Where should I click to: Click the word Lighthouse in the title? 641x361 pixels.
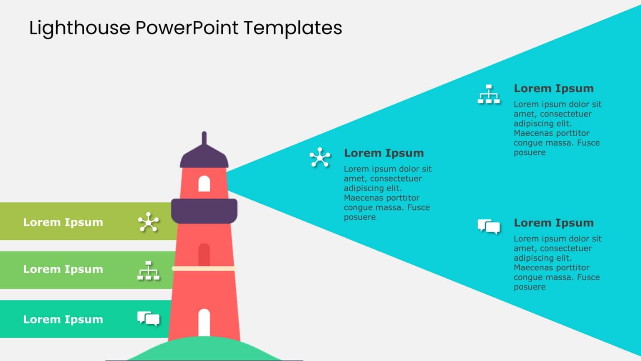[80, 28]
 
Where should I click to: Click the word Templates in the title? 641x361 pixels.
[293, 28]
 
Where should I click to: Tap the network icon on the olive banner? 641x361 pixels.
[149, 222]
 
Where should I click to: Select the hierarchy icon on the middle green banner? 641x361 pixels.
[149, 270]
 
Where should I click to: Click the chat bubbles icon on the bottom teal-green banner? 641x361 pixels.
[149, 319]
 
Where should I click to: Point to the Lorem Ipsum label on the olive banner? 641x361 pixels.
[63, 222]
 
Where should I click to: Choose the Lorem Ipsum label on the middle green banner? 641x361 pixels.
[63, 269]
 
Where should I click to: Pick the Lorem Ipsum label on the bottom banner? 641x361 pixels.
[63, 320]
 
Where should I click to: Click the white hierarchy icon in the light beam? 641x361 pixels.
[489, 94]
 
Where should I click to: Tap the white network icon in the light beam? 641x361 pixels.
[320, 158]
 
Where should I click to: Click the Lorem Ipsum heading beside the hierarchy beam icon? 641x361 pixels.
[553, 89]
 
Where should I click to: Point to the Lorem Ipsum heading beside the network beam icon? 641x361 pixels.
[384, 153]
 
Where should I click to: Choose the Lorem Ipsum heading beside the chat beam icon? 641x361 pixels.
[553, 223]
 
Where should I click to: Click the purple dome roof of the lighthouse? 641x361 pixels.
[204, 157]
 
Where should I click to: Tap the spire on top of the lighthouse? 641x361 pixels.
[204, 138]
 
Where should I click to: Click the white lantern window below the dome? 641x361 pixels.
[204, 184]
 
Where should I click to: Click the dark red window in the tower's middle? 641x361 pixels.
[204, 254]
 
